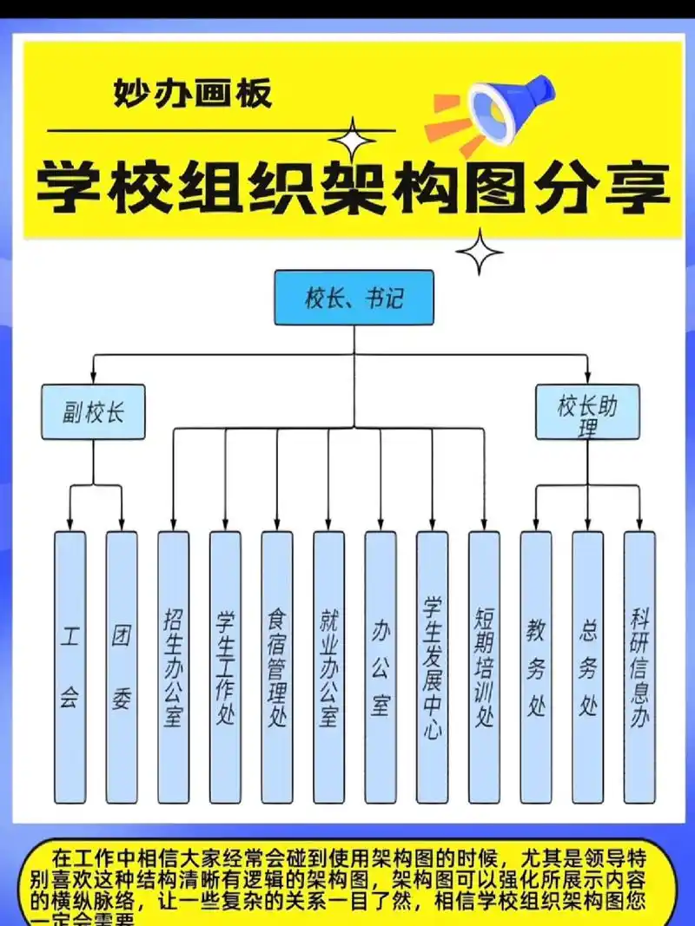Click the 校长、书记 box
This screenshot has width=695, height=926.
[354, 298]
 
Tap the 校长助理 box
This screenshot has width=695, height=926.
[587, 411]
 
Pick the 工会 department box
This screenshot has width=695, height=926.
[69, 667]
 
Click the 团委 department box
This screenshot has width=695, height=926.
[122, 667]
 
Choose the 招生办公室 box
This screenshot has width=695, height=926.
[173, 667]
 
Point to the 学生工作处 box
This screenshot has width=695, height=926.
[225, 667]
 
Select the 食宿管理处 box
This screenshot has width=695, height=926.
[277, 667]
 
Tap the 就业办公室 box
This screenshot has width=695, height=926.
[328, 667]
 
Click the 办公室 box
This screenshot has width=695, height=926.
[381, 667]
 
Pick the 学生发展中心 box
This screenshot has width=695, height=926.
[432, 667]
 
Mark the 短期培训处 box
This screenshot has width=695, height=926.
[484, 667]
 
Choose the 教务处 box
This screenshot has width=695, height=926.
[536, 667]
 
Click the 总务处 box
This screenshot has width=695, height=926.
[587, 667]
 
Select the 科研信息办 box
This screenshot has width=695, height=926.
[639, 667]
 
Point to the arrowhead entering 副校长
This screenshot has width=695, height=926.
[93, 379]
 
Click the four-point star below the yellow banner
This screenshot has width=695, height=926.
[480, 252]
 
